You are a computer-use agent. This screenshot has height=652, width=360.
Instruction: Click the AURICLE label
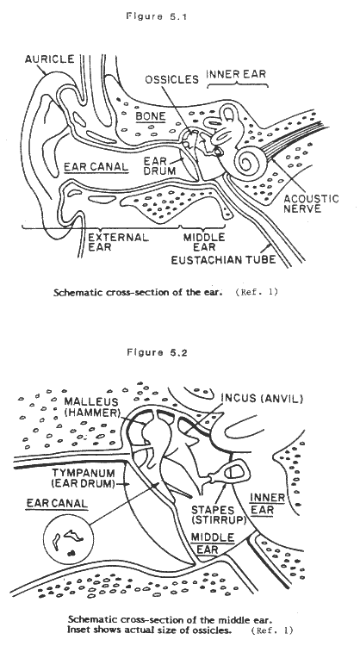[49, 59]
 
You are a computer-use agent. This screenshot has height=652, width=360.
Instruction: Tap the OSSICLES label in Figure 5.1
[171, 79]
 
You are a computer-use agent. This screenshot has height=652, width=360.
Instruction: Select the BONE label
[151, 116]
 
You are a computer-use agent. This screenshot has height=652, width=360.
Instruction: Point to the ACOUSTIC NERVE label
[311, 203]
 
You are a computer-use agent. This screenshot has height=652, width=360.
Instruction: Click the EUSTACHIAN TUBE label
[224, 260]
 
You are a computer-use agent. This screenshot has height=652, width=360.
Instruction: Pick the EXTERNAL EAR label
[118, 242]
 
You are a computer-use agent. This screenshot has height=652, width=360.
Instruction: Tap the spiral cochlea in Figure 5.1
[248, 163]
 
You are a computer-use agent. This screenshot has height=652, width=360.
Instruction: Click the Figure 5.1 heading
[157, 16]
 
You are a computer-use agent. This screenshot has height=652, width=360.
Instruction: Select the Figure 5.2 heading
[157, 352]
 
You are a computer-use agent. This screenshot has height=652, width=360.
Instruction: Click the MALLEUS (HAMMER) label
[91, 407]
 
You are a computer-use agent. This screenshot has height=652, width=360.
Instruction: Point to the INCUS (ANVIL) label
[262, 399]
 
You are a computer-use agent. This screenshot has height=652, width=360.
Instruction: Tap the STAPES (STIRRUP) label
[219, 515]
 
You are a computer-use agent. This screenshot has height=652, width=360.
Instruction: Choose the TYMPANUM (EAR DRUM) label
[83, 478]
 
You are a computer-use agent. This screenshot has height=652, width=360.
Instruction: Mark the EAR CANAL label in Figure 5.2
[57, 503]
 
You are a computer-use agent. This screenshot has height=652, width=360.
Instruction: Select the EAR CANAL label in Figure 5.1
[96, 167]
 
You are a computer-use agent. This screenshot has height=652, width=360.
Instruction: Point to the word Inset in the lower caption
[78, 630]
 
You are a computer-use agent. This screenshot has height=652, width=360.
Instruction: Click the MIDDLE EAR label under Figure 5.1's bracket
[204, 242]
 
